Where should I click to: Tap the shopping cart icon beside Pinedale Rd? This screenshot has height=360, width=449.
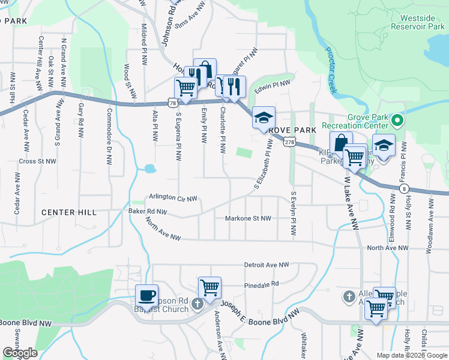(209, 288)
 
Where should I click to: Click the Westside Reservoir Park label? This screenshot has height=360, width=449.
(416, 22)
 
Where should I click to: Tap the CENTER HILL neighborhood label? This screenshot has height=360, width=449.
(69, 212)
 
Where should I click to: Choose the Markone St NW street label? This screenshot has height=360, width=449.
(248, 219)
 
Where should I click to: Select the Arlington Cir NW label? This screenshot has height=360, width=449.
(173, 197)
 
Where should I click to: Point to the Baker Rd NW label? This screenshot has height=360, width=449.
(148, 211)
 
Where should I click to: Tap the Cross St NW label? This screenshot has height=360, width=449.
(37, 161)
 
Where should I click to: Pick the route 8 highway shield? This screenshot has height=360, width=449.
(401, 188)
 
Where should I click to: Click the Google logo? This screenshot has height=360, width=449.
(20, 353)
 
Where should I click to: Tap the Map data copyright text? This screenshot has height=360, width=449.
(412, 355)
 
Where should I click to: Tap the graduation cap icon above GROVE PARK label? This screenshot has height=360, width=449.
(264, 117)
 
